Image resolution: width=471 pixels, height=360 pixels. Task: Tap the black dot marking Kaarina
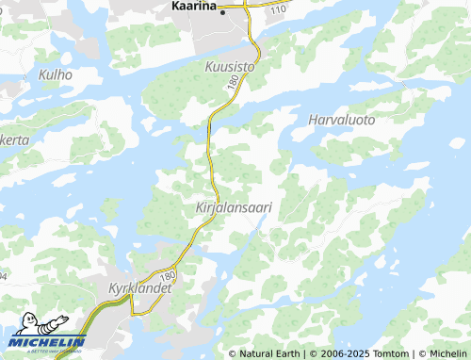[223, 12]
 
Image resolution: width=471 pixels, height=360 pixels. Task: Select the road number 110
[277, 8]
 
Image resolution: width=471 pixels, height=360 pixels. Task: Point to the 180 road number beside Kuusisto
[232, 85]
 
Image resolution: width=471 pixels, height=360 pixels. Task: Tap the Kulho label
[55, 73]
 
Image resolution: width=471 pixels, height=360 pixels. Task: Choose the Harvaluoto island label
[341, 120]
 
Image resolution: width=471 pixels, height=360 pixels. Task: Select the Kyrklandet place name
[139, 286]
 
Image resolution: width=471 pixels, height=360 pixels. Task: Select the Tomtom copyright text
[385, 353]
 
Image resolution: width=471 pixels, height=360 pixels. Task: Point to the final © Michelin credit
[442, 353]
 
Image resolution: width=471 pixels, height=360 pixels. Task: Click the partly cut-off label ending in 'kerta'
[13, 139]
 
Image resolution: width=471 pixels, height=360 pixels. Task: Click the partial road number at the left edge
[3, 276]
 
